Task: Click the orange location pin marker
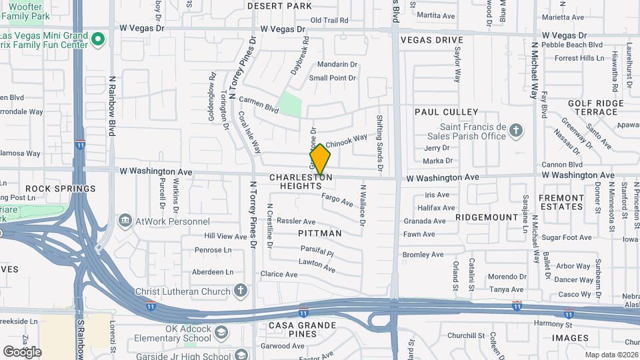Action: coord(321,160)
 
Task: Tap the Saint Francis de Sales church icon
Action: coord(516,131)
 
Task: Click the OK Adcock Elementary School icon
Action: coord(221,331)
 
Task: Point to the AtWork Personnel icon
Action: coord(125,221)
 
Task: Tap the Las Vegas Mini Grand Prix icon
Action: coord(98,40)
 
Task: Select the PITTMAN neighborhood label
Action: coord(320,233)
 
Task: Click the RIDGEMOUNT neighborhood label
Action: coord(487,217)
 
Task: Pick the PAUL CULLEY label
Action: coord(447,111)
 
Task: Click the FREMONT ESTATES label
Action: coord(561,202)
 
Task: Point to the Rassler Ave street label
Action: coord(296,221)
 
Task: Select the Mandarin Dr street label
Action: coord(337,65)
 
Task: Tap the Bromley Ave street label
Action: coord(423,255)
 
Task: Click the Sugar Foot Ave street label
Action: coord(567,237)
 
